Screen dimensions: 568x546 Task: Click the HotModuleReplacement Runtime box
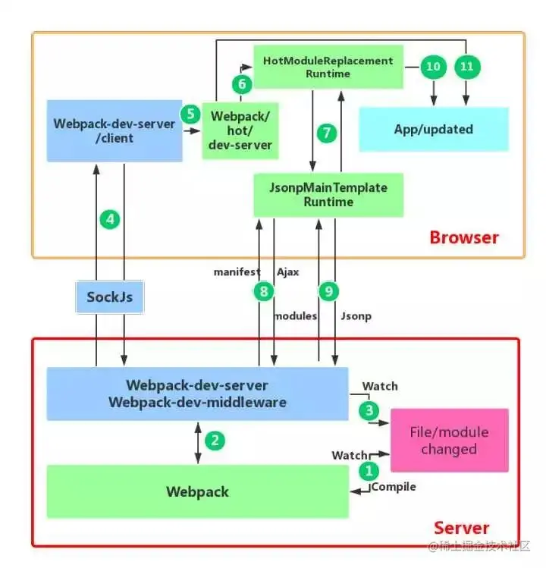click(x=328, y=67)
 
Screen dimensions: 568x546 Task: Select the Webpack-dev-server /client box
click(x=115, y=130)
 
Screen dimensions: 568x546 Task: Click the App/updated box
click(x=433, y=129)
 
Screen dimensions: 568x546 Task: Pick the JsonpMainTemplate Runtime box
click(x=328, y=194)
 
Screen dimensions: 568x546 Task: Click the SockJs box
click(x=109, y=297)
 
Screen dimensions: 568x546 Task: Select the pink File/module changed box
click(x=448, y=441)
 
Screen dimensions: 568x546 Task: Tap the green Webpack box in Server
click(x=197, y=491)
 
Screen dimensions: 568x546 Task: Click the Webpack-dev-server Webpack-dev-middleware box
click(x=197, y=394)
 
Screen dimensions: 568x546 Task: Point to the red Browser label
click(x=464, y=237)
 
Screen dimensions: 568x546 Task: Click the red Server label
click(x=461, y=527)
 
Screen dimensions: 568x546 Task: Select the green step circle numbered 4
click(x=111, y=220)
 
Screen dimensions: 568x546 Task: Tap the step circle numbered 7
click(x=326, y=133)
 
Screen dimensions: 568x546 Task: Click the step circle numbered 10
click(x=433, y=67)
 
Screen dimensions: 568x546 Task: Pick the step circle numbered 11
click(x=467, y=67)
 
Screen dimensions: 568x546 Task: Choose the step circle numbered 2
click(x=216, y=440)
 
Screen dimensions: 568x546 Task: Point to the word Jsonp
click(x=356, y=315)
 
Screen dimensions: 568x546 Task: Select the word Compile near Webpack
click(x=394, y=487)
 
